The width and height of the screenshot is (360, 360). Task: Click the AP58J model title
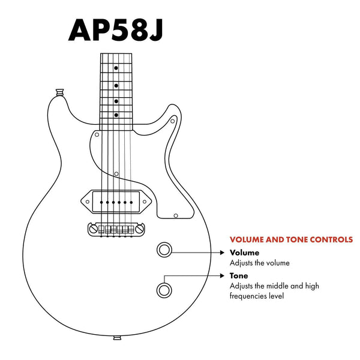115,28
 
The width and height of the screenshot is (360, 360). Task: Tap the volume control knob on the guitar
164,250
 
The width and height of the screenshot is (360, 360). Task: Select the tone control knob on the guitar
164,290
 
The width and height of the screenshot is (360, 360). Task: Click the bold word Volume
245,253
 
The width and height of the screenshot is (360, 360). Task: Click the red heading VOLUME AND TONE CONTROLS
291,239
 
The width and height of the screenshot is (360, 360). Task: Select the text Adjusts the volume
260,263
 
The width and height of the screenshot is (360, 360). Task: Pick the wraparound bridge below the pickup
116,229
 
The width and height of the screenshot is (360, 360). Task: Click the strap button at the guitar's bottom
116,338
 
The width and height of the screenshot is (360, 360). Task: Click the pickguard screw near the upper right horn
173,122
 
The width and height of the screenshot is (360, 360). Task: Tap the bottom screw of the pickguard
175,214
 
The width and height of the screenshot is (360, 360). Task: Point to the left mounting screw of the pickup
88,202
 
